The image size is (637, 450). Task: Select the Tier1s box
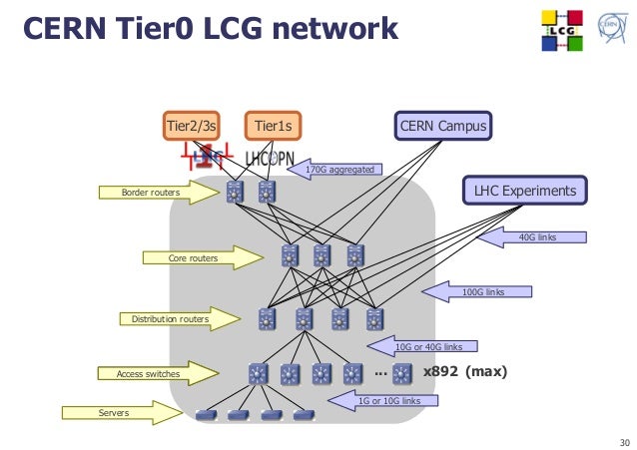(x=273, y=126)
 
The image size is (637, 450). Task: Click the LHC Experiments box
(x=524, y=190)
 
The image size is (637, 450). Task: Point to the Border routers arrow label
(x=150, y=192)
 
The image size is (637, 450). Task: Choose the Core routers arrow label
(x=193, y=258)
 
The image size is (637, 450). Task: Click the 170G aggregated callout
(x=339, y=170)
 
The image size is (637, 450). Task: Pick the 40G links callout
(x=537, y=237)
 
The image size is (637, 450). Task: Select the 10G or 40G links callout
(x=427, y=346)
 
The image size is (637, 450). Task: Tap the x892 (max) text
(x=465, y=372)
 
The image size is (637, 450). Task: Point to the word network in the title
(x=329, y=30)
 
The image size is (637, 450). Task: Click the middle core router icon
(x=321, y=255)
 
